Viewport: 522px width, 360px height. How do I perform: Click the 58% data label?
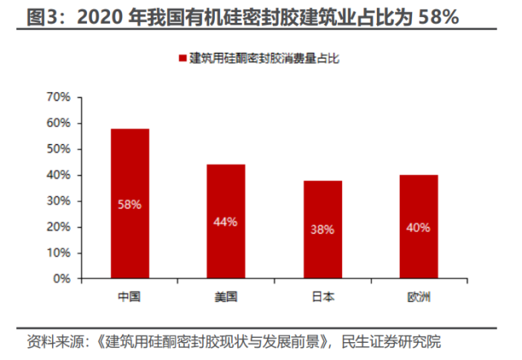[x=129, y=204]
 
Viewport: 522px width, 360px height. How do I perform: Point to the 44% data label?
[x=226, y=222]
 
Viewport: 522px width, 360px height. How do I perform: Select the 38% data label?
[x=322, y=230]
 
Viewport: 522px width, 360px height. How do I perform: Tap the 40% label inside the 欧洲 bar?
[x=419, y=227]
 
